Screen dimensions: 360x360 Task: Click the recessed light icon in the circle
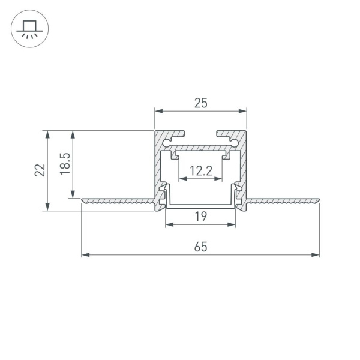coord(29,29)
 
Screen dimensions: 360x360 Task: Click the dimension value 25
coord(200,103)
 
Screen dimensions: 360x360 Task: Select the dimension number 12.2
coord(200,171)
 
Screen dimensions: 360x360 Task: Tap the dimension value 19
coord(200,217)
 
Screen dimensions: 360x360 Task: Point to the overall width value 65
coord(200,247)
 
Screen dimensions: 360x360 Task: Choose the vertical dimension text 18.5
coord(65,164)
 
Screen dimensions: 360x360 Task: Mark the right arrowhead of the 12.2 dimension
coord(219,179)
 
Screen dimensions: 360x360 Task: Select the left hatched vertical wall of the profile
coord(158,168)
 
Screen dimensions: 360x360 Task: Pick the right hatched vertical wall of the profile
coord(244,168)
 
